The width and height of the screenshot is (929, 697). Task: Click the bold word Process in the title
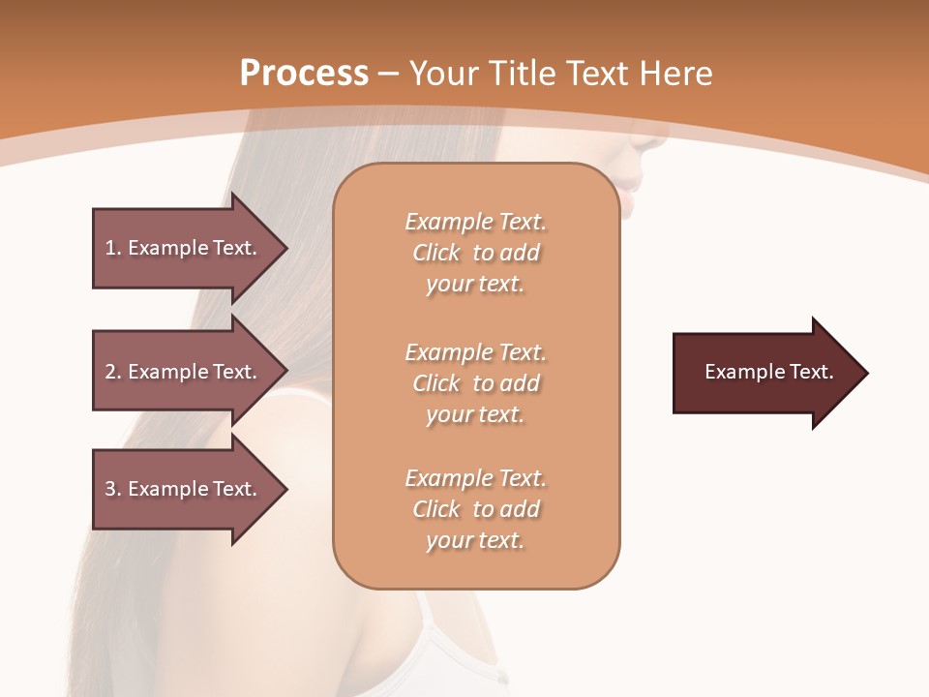(x=304, y=74)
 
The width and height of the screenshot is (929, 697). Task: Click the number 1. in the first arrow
(x=112, y=248)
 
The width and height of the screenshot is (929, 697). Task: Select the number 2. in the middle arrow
(x=112, y=372)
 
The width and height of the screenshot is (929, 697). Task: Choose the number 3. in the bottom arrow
(x=112, y=489)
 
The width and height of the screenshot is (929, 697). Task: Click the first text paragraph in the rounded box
(x=475, y=253)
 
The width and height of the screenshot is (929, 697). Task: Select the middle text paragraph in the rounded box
(x=475, y=383)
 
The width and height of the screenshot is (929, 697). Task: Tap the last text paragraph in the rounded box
(x=475, y=509)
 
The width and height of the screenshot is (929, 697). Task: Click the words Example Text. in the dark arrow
(x=768, y=372)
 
